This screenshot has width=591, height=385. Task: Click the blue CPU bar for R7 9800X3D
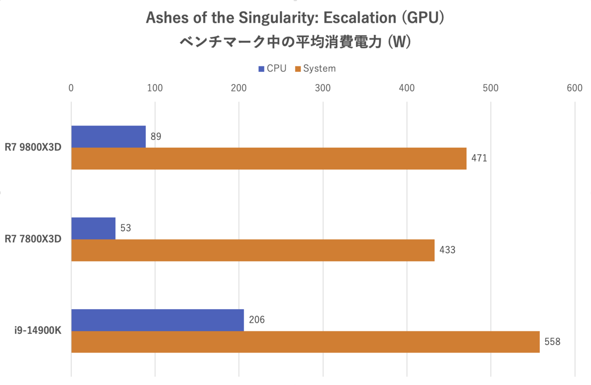(108, 136)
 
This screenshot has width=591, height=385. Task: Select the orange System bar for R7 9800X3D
(268, 159)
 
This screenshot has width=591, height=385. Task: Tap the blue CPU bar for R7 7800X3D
(93, 228)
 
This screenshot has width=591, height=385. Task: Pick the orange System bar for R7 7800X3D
(253, 250)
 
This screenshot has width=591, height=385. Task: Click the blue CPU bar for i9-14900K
(158, 320)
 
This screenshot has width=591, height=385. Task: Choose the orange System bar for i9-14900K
(305, 342)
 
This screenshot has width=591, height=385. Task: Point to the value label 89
(156, 136)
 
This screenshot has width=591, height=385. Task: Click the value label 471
(479, 159)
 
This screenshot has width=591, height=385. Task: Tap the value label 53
(126, 228)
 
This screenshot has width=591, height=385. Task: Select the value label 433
(447, 250)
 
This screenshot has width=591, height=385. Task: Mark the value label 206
(257, 320)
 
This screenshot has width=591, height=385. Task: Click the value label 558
(553, 342)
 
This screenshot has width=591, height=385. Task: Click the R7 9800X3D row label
(33, 147)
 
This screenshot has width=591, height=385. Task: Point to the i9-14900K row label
(37, 330)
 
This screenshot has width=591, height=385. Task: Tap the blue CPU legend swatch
(261, 68)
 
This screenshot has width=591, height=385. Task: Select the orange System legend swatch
(297, 68)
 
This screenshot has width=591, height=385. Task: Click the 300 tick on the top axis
(323, 88)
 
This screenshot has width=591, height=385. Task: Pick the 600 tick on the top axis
(574, 88)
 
